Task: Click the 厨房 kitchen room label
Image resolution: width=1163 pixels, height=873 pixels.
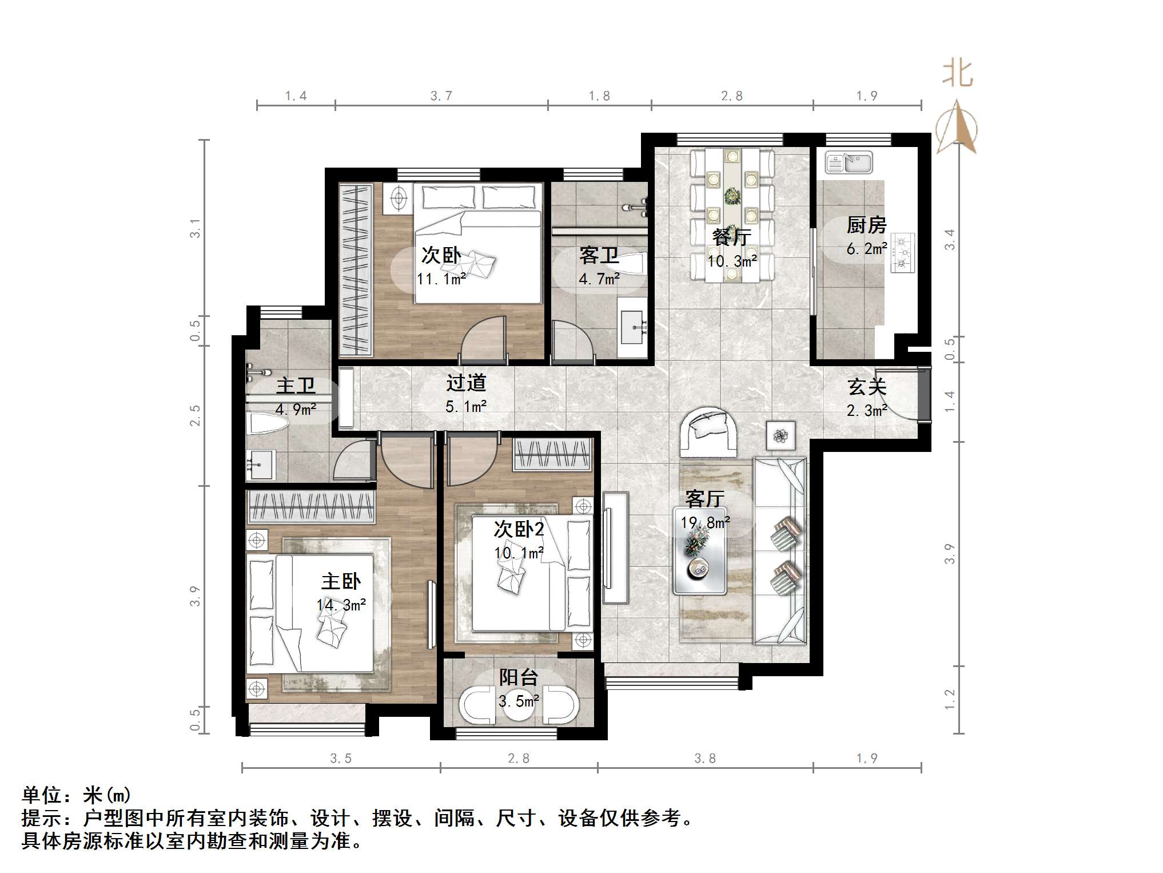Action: (x=866, y=225)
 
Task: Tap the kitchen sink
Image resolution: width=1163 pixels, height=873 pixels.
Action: (x=849, y=162)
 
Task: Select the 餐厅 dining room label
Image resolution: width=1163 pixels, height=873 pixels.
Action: (x=731, y=237)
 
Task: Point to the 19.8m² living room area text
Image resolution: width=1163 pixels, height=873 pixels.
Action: (x=704, y=523)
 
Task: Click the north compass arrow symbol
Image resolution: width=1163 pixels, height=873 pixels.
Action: (x=957, y=129)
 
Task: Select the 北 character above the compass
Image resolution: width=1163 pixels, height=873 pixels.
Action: (x=958, y=74)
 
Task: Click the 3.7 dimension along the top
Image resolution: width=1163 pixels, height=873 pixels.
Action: (x=441, y=96)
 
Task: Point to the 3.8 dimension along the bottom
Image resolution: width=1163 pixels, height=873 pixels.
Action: (x=704, y=759)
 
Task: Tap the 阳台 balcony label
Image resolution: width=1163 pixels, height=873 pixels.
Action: (x=518, y=678)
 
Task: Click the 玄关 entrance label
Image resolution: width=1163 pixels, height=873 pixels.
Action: (x=867, y=387)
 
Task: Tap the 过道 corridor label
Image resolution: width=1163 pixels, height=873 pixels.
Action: (x=466, y=383)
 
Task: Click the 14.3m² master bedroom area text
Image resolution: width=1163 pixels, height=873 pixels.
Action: (x=341, y=605)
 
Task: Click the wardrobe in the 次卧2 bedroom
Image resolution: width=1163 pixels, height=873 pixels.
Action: (x=552, y=455)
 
